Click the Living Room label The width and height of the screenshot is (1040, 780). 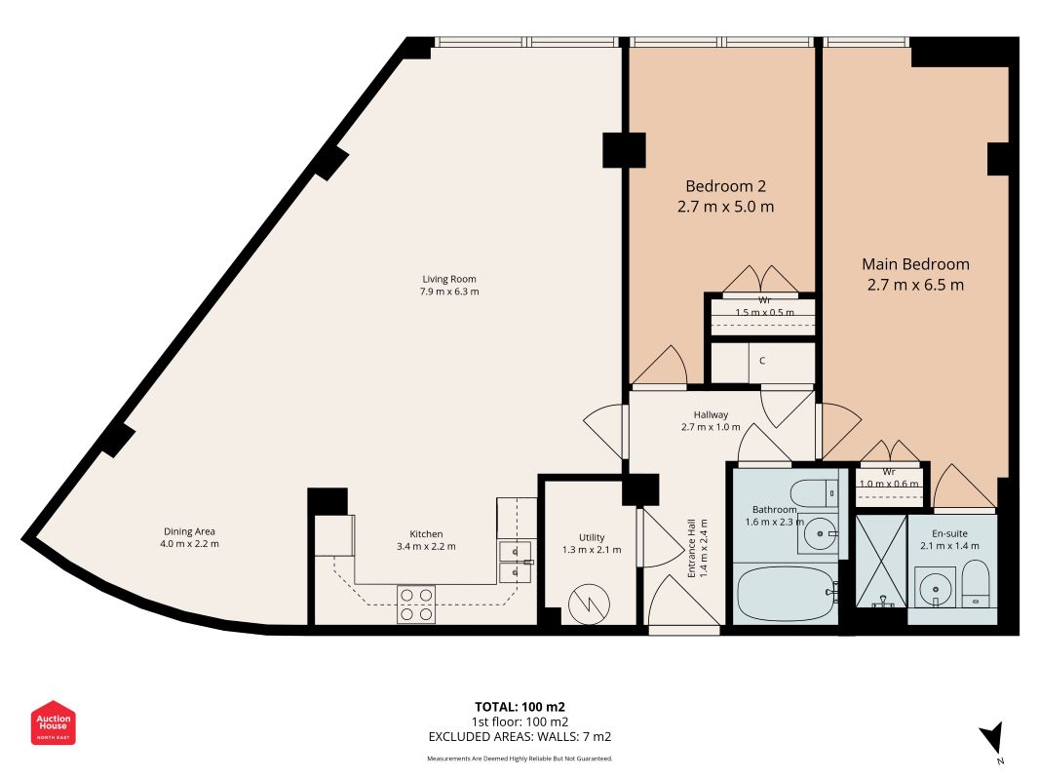449,279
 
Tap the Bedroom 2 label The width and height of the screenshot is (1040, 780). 725,186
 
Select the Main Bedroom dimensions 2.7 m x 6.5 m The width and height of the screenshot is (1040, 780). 915,286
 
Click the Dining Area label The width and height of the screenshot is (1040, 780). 189,531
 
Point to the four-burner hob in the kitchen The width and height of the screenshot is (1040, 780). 416,604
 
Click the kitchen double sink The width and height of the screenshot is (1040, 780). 516,562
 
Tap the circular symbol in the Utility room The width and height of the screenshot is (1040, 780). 590,604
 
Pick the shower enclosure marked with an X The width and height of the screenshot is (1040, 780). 881,562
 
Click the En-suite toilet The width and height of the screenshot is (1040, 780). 976,584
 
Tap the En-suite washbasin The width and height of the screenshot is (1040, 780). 935,587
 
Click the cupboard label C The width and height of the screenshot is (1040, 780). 762,361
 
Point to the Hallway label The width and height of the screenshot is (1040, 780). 711,414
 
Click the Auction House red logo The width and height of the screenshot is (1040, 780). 53,722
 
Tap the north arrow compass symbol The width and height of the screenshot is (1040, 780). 992,737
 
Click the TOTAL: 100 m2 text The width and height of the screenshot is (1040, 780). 520,707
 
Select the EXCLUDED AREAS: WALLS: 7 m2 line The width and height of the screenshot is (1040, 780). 520,736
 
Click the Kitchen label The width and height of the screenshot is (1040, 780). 426,534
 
